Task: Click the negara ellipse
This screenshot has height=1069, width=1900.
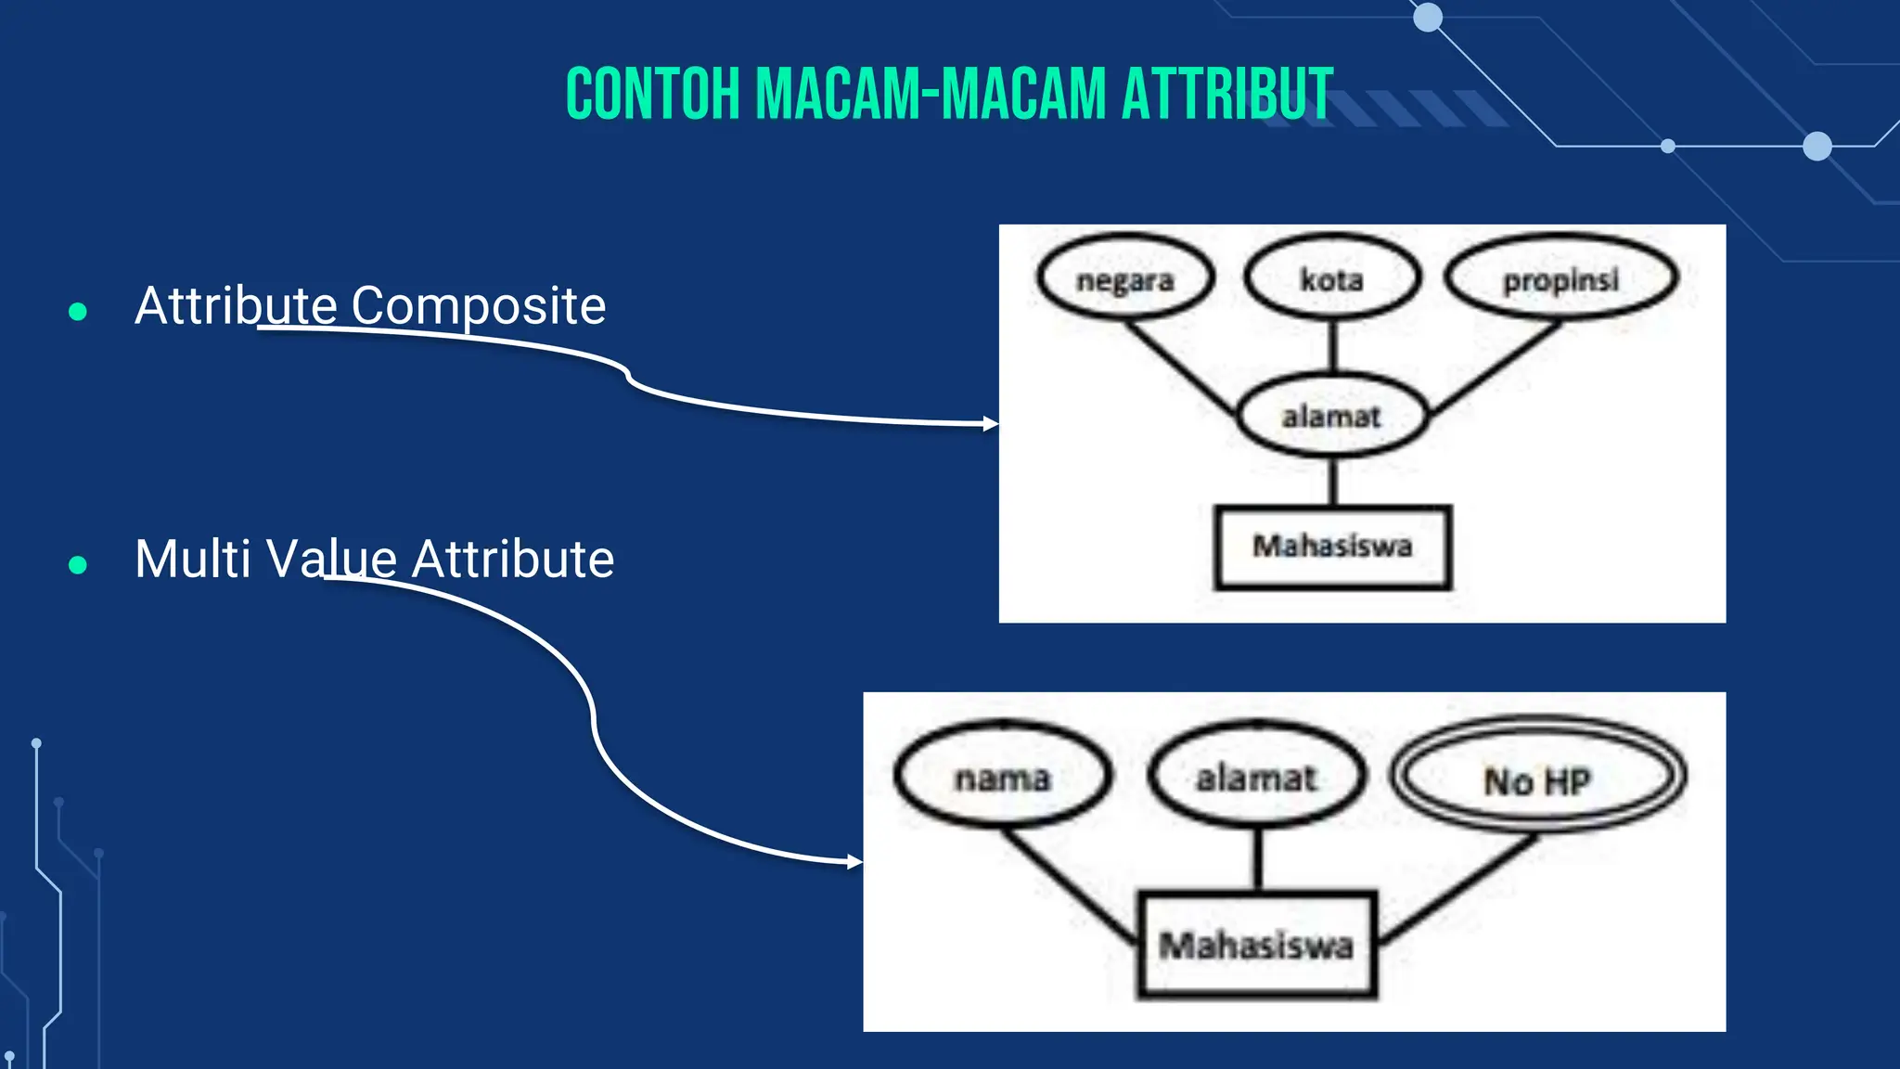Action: pyautogui.click(x=1124, y=279)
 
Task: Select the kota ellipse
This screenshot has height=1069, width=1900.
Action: pyautogui.click(x=1331, y=278)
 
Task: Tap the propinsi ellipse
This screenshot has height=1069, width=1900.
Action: pyautogui.click(x=1560, y=278)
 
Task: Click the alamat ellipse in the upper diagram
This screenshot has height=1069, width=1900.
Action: pyautogui.click(x=1331, y=417)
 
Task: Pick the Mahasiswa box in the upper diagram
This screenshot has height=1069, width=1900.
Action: pyautogui.click(x=1332, y=547)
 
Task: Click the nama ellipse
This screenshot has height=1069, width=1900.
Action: pyautogui.click(x=1002, y=778)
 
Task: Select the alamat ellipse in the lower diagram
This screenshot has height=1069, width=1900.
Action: pyautogui.click(x=1256, y=778)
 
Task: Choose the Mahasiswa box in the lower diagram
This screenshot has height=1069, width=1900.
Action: pyautogui.click(x=1256, y=946)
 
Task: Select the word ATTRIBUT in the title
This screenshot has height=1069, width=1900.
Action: pyautogui.click(x=1226, y=94)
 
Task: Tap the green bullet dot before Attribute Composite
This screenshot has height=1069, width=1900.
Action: pyautogui.click(x=78, y=312)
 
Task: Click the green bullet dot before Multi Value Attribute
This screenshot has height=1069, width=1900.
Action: pyautogui.click(x=78, y=564)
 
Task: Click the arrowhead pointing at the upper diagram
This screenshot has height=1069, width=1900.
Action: pyautogui.click(x=991, y=424)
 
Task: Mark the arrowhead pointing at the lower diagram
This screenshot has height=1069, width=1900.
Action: pyautogui.click(x=855, y=862)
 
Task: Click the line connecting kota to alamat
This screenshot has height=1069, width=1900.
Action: pyautogui.click(x=1332, y=345)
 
